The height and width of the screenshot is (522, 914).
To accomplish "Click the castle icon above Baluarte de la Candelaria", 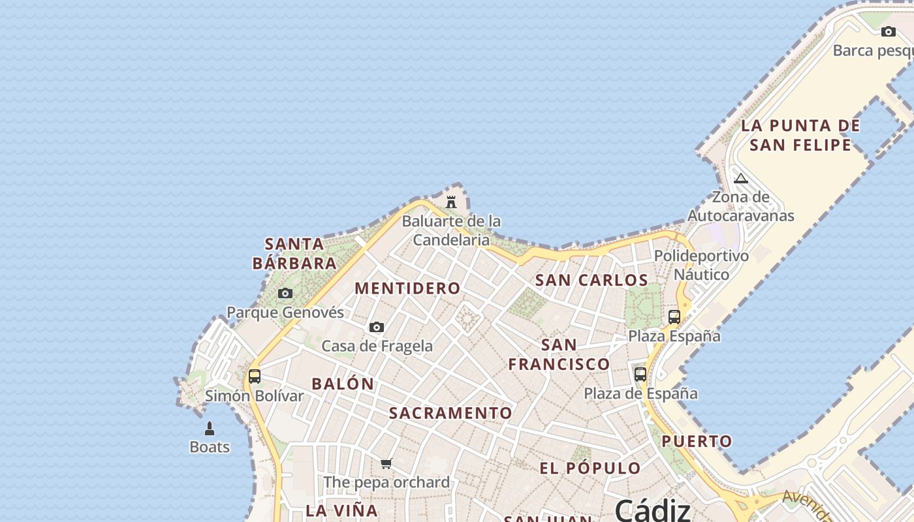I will coord(451,202).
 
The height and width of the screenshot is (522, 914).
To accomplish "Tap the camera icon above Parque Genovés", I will coord(285,294).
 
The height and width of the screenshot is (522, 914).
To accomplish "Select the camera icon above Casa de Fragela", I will coord(377,327).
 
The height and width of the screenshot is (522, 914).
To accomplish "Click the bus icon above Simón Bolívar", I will coord(255,376).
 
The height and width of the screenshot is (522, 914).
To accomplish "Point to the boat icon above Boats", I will coord(210,429).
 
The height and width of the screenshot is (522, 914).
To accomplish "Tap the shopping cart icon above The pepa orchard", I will coord(386,464).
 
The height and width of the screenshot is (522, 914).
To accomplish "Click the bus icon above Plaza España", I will coord(674,317).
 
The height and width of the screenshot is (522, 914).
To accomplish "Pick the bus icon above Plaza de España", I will coord(640,375).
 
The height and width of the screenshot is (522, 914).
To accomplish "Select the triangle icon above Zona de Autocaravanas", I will coord(741,178).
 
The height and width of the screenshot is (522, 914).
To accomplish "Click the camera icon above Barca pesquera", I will coord(889,31).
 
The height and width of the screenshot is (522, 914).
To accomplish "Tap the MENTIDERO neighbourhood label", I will coord(407,288).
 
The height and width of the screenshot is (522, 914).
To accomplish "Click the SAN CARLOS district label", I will coord(591,280).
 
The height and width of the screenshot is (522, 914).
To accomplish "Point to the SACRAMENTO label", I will coord(450,413).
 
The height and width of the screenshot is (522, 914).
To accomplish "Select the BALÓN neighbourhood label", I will coord(343,384).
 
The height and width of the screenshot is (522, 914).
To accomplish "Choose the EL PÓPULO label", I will coord(590,468).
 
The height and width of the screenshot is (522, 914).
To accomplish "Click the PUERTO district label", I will coord(697,441).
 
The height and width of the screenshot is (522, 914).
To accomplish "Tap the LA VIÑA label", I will coord(342,510).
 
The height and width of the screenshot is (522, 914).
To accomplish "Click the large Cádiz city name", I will coord(652,509).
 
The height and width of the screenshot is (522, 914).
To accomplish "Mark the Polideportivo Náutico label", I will coord(701,265).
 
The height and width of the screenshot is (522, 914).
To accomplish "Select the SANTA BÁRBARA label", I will coord(294,254).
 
